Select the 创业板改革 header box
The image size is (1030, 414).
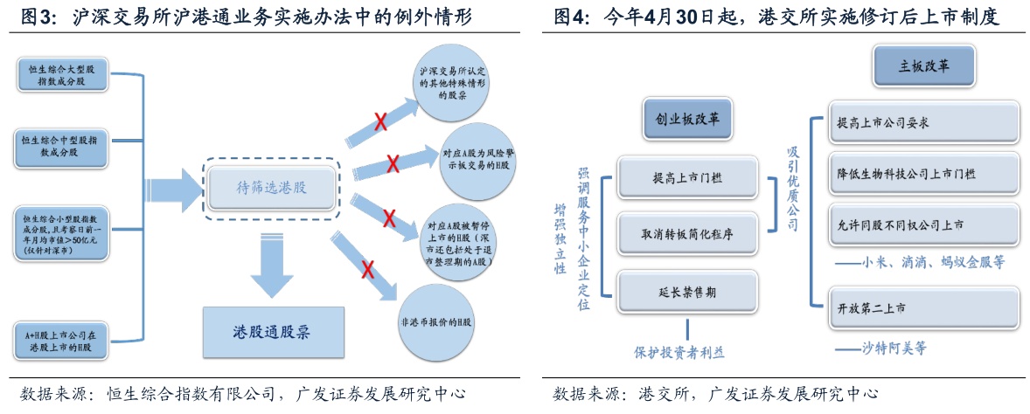click(x=687, y=120)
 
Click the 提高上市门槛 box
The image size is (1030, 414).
click(x=687, y=177)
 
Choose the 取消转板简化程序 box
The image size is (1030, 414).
click(x=687, y=233)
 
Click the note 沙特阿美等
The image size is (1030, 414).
click(x=880, y=348)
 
